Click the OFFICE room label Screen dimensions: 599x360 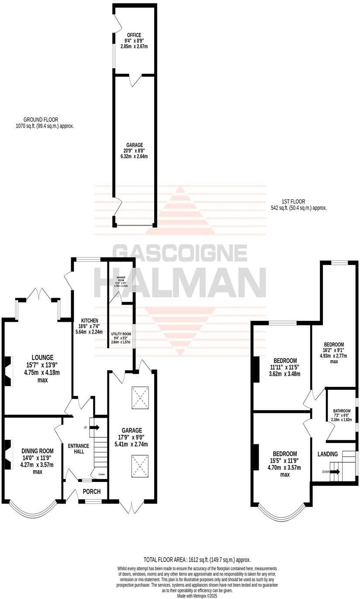pyautogui.click(x=134, y=35)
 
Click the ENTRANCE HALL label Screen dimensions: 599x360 pyautogui.click(x=79, y=448)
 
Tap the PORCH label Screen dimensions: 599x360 pyautogui.click(x=91, y=492)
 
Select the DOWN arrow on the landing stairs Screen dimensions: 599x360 pyautogui.click(x=336, y=472)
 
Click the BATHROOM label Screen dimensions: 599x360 pyautogui.click(x=342, y=411)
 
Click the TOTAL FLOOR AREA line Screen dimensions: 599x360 pyautogui.click(x=197, y=560)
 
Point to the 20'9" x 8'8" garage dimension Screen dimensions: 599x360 pyautogui.click(x=134, y=151)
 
